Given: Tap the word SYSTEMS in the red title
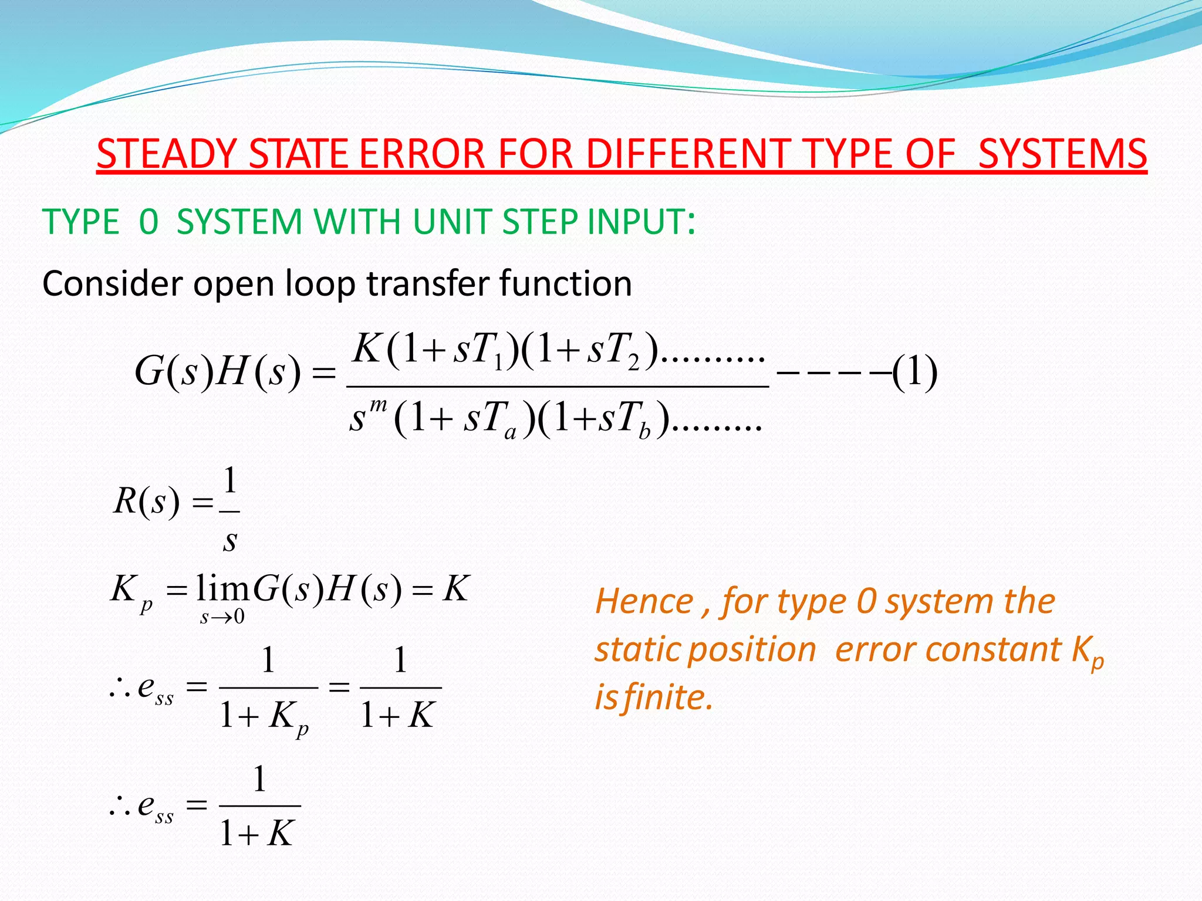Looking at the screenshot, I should coord(1062,154).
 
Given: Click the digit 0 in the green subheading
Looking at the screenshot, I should coord(148,222).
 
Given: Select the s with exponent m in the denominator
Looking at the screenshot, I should coord(363,418).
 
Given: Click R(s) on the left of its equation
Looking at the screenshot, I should coord(146,502).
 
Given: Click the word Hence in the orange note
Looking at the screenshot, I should coord(644,602).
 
